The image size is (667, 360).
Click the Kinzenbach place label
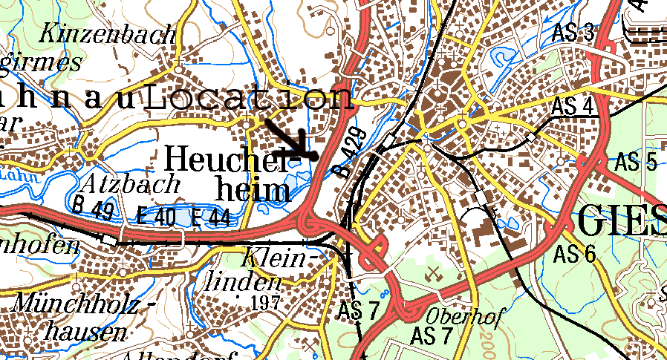pos(108,33)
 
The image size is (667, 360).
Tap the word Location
pos(249,99)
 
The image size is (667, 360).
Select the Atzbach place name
pos(133,183)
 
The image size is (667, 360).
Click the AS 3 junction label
pos(574,33)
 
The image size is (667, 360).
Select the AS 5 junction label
pos(637,162)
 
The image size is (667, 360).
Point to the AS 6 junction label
pos(575,255)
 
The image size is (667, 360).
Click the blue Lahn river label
pos(22,176)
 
